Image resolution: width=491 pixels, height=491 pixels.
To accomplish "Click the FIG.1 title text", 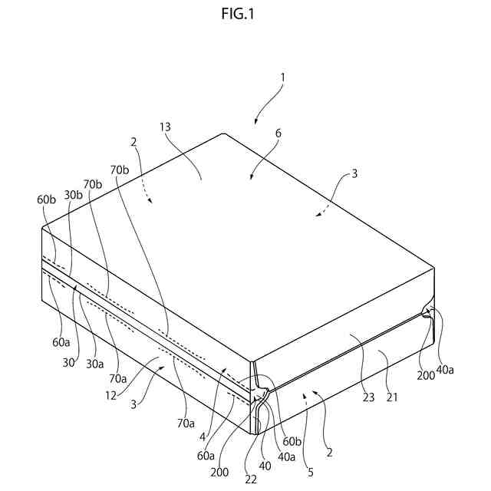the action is click(245, 15).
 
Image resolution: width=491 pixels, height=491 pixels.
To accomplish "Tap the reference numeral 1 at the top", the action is click(282, 77).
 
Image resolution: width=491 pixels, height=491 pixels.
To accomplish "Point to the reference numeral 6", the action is click(278, 133).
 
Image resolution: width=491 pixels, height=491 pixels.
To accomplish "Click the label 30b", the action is click(73, 195).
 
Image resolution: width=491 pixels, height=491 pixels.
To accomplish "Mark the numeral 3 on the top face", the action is click(354, 174).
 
